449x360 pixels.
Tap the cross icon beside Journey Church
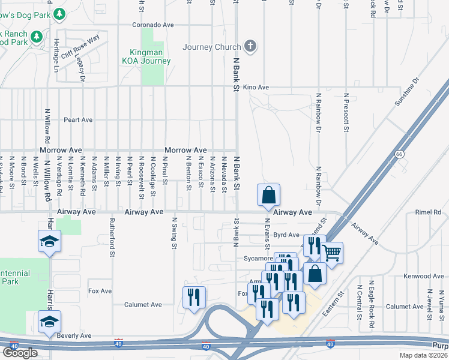250,46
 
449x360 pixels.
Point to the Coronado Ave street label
153,25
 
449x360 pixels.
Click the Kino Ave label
255,88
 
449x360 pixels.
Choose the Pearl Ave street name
78,120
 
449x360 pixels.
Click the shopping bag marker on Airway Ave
268,195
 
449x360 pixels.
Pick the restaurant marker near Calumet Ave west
194,298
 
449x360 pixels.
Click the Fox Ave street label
100,291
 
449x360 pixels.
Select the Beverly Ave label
74,336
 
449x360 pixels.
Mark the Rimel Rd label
427,212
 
